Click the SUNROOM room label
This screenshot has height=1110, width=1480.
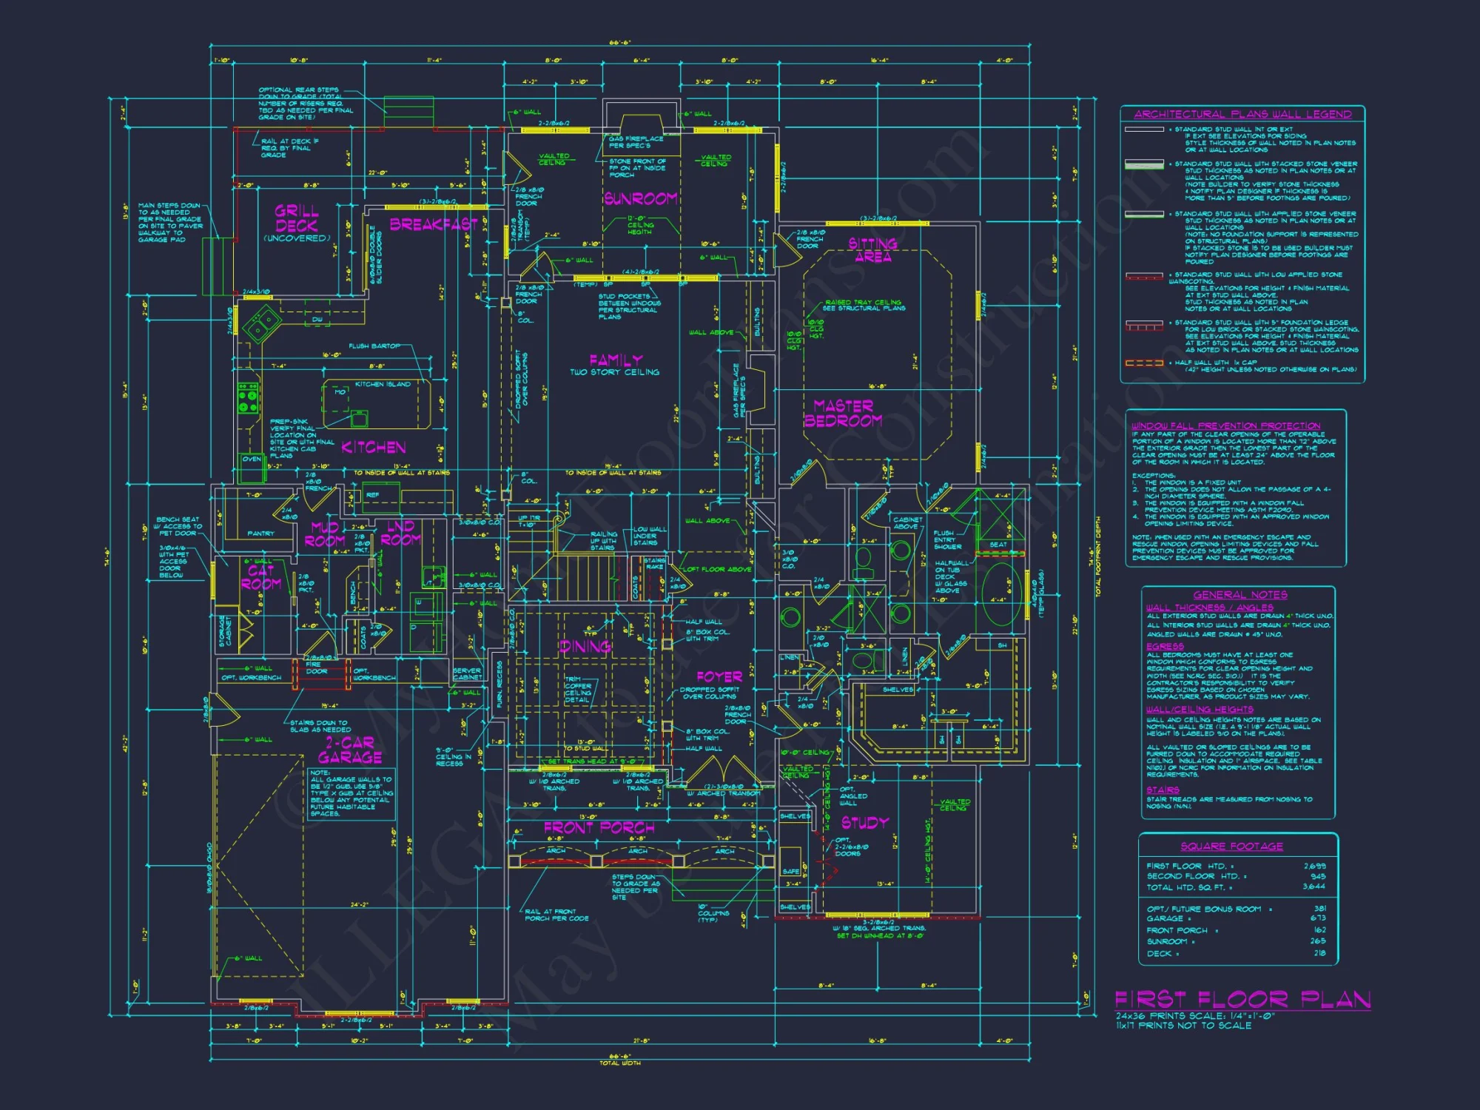pos(641,198)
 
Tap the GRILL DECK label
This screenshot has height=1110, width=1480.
pos(297,218)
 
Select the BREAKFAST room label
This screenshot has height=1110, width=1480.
pos(434,224)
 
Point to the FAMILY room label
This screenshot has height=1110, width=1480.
pos(616,360)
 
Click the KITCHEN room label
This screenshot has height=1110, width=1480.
pos(374,447)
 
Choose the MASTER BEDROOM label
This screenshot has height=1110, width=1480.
pos(844,413)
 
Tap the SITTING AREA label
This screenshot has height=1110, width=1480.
pos(873,250)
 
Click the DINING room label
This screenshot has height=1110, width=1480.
pos(585,647)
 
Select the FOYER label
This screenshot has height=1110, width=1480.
pos(719,676)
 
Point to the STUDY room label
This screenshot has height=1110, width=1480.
pos(865,822)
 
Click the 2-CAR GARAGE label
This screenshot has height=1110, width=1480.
pos(350,750)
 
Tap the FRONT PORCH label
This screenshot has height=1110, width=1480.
pos(599,827)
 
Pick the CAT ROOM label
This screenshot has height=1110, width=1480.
pos(260,577)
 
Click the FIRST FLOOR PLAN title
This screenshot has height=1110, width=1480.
pos(1242,1000)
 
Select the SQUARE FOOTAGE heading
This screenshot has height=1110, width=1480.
pos(1232,846)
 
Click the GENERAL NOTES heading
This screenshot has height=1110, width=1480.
pos(1240,595)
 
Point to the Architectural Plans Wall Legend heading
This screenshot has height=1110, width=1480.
pos(1242,114)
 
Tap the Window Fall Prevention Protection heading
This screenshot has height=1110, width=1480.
pos(1225,425)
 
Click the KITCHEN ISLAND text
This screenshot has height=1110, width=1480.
pos(383,384)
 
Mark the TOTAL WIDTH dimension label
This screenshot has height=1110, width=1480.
pos(620,1063)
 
